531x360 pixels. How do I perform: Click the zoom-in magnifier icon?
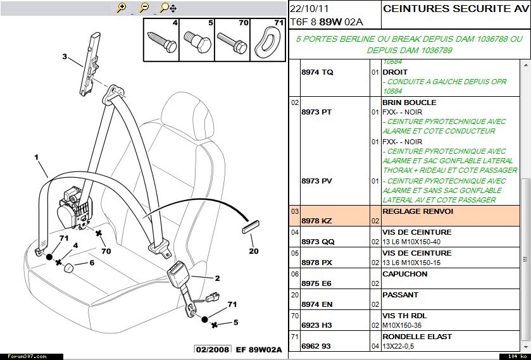click(x=122, y=8)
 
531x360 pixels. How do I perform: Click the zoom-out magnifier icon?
click(x=144, y=8)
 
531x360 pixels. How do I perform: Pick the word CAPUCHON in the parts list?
click(x=404, y=274)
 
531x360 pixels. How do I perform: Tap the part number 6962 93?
click(x=316, y=346)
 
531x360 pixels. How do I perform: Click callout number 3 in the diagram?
click(x=64, y=56)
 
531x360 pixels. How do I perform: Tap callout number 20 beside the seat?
click(x=253, y=251)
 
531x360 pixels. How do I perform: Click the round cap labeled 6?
click(x=69, y=268)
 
